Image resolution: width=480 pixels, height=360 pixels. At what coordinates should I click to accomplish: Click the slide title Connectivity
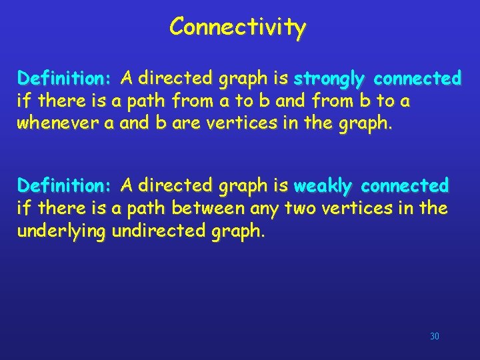coord(237,27)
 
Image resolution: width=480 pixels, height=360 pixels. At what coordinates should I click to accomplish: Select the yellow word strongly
coord(329,79)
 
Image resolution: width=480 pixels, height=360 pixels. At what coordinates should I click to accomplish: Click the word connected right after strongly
coord(417,79)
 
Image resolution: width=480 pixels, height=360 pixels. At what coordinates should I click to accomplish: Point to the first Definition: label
coord(64,79)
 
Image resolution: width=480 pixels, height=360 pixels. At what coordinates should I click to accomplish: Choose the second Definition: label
coord(64,185)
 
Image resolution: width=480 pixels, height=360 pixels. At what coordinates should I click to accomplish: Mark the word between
coord(209,209)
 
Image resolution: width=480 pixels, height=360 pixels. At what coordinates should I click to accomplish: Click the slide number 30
coord(435,337)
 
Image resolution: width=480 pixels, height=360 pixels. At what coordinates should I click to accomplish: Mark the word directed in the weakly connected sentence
coord(167,185)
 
